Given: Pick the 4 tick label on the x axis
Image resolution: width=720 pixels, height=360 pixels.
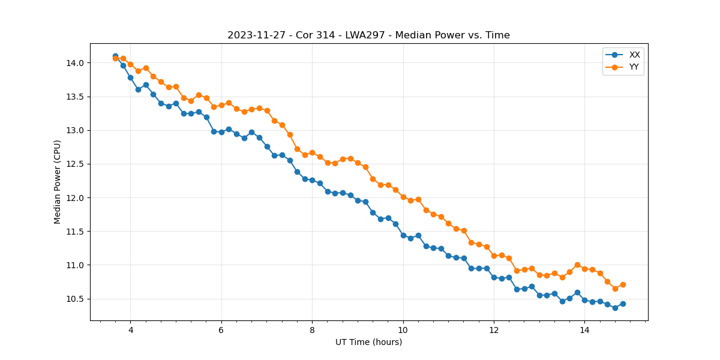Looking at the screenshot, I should pos(130,330).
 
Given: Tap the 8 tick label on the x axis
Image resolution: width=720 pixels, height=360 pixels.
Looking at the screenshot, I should pos(312,330).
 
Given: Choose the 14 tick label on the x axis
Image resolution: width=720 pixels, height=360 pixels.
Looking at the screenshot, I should pos(584,330).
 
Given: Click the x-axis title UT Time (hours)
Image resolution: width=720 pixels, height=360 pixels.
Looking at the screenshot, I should pos(368,342).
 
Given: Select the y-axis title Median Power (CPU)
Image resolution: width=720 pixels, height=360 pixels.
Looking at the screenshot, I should pos(58,182).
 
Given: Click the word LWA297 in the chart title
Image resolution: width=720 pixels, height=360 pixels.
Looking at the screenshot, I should pos(365,35).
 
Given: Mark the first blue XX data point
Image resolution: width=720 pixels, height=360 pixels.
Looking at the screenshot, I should pos(115,56).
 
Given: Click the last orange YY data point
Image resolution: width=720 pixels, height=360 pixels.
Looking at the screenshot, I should pos(623,284).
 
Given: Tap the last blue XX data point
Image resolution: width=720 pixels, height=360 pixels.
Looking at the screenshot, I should pos(623,304).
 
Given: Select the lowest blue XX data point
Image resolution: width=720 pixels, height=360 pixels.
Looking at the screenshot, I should pos(615,308).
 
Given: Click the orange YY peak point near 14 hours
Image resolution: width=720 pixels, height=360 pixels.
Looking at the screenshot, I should pos(577,265).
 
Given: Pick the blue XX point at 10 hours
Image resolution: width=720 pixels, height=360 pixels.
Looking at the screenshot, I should pos(403,235).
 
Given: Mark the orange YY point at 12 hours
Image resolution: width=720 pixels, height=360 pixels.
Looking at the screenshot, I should pos(494,256).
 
